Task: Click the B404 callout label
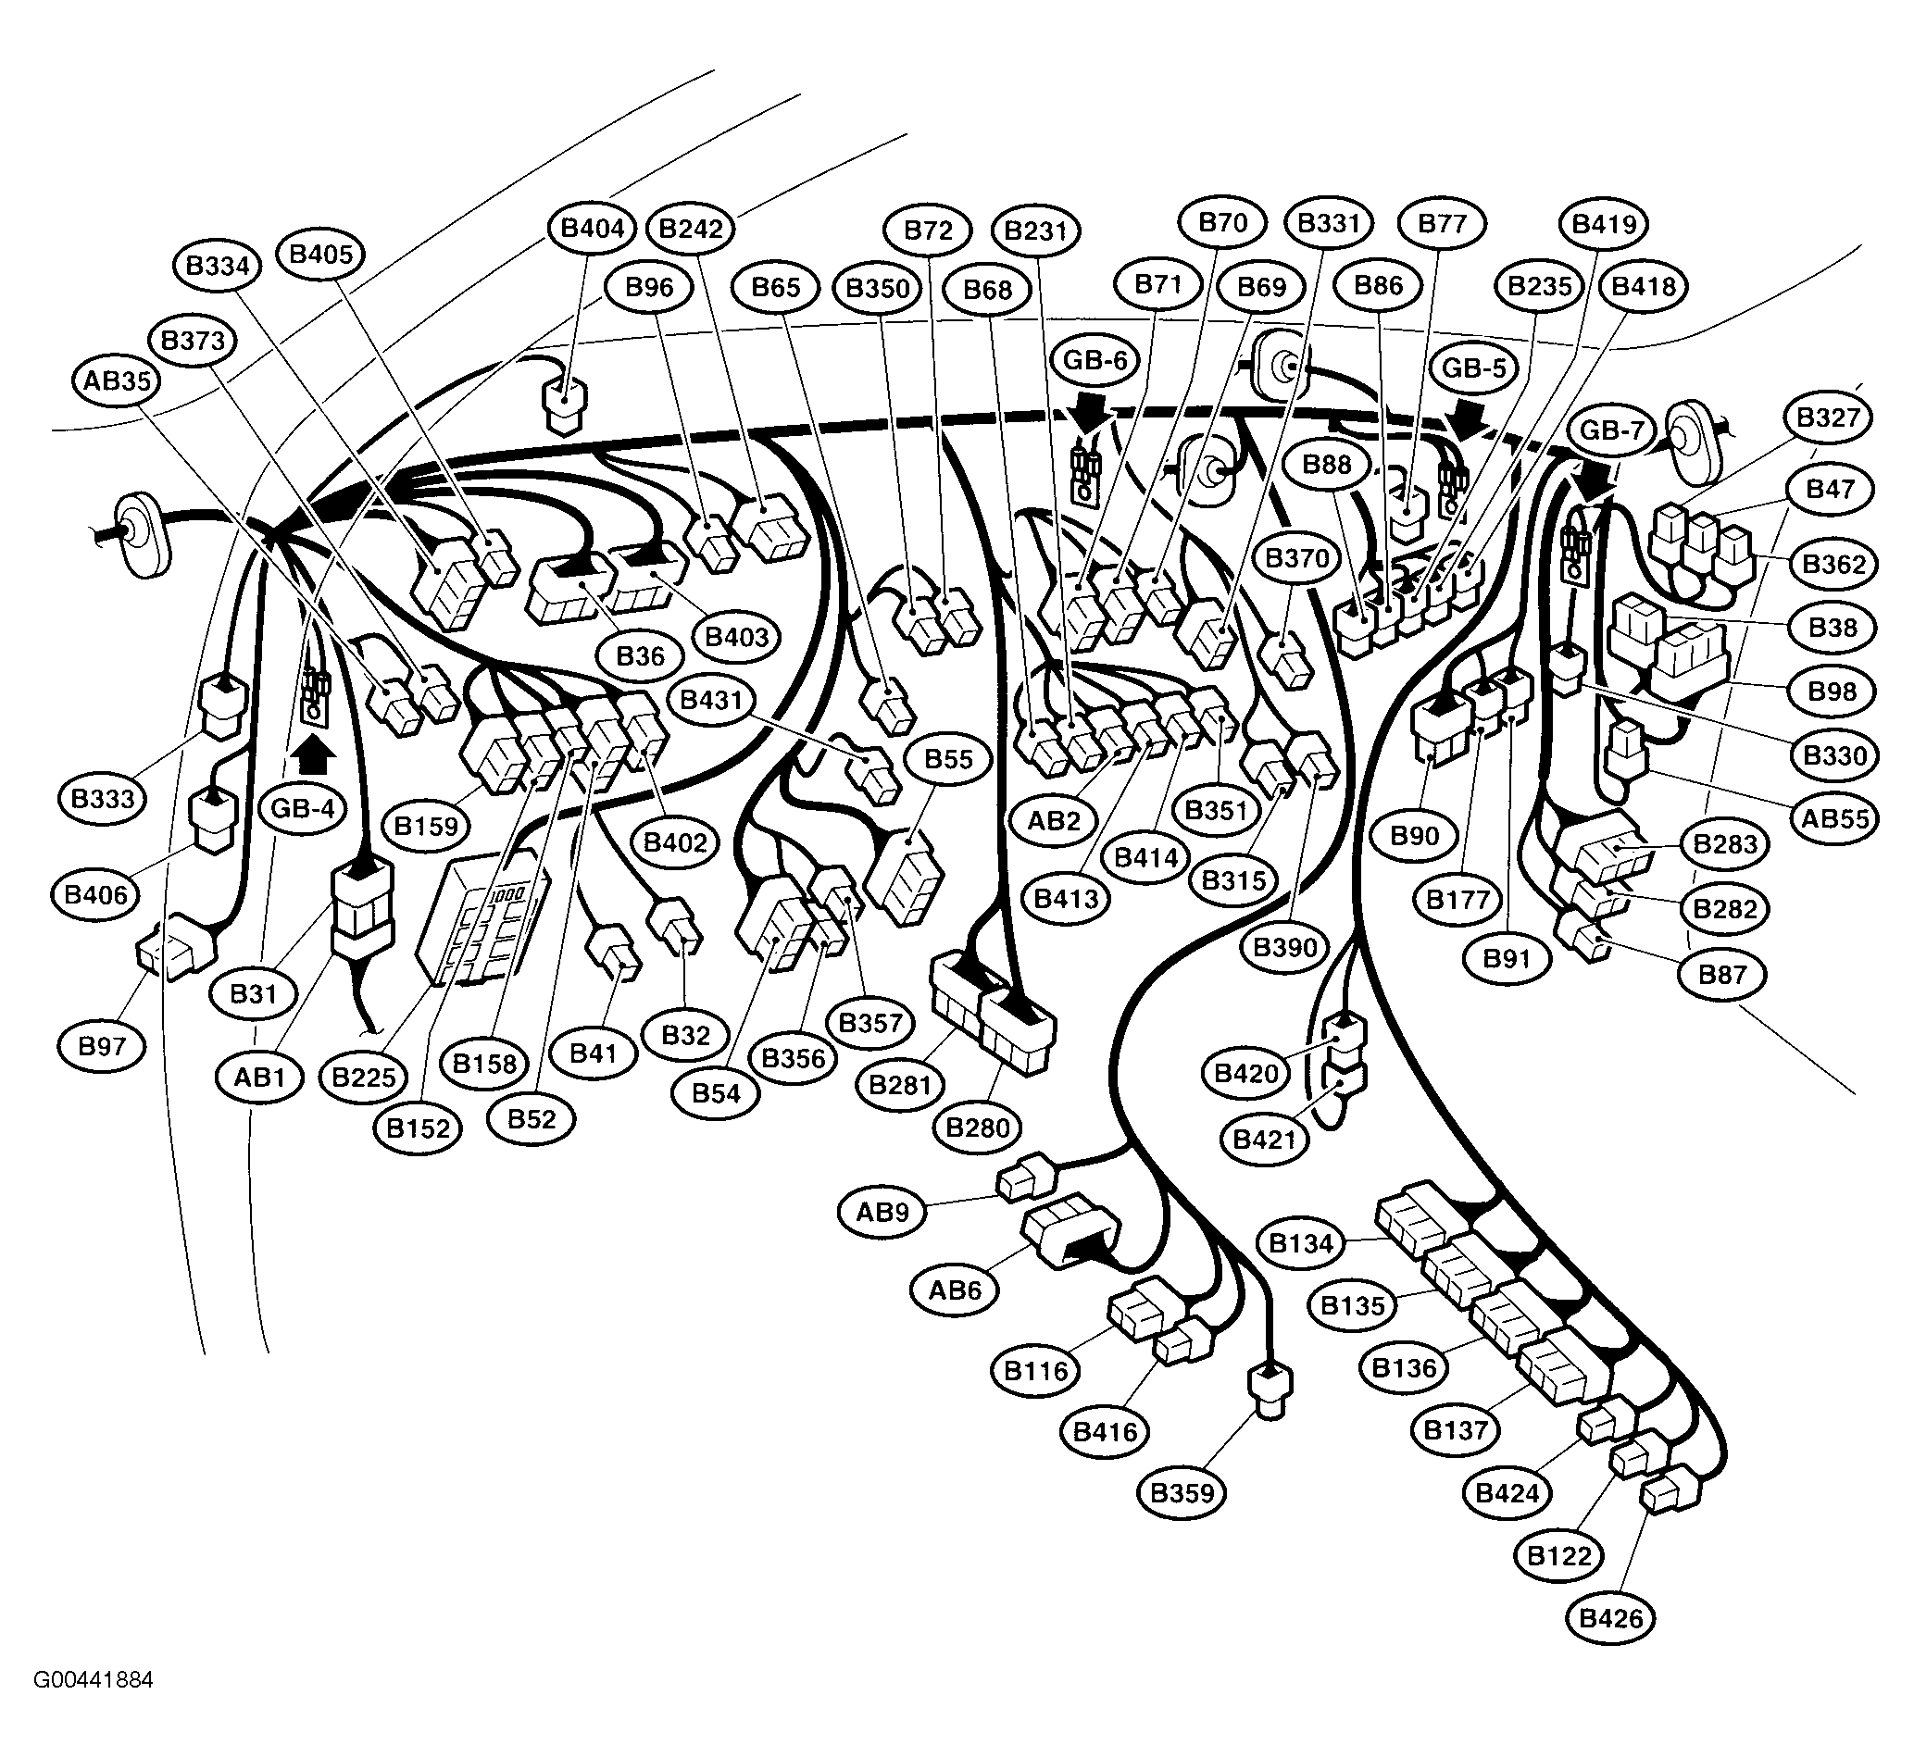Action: pyautogui.click(x=594, y=228)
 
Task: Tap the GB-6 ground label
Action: pyautogui.click(x=1095, y=360)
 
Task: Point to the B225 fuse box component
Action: pyautogui.click(x=484, y=918)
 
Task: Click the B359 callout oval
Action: pyautogui.click(x=1182, y=1492)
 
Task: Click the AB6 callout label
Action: pyautogui.click(x=955, y=1290)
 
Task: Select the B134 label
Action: pyautogui.click(x=1301, y=1242)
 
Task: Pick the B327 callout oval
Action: pyautogui.click(x=1829, y=417)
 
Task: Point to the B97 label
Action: pyautogui.click(x=102, y=1047)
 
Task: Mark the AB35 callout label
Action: pyautogui.click(x=117, y=381)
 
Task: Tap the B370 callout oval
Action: pyautogui.click(x=1297, y=558)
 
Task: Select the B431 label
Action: pyautogui.click(x=711, y=700)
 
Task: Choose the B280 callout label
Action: pyautogui.click(x=978, y=1128)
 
